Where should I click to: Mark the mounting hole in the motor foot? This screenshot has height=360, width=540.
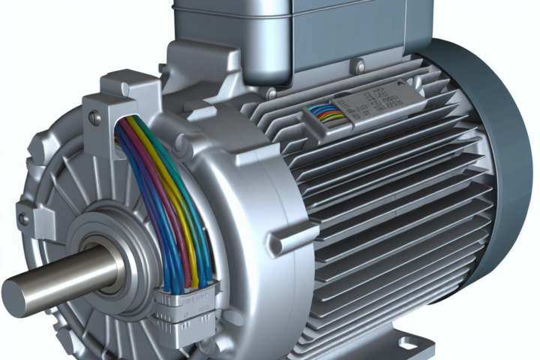[x=409, y=346]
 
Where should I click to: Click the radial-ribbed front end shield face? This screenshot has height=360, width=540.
[x=67, y=187]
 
